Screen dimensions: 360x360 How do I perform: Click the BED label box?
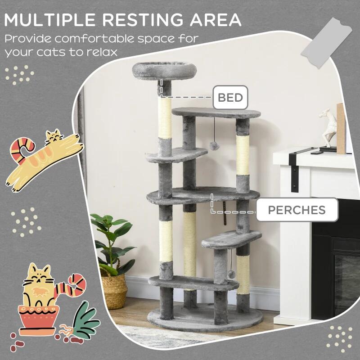(230, 97)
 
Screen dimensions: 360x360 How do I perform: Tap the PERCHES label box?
(297, 210)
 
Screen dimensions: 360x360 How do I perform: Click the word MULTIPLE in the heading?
(50, 20)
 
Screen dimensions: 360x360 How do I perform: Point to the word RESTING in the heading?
(143, 20)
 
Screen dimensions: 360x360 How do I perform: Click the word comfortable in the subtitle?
(94, 39)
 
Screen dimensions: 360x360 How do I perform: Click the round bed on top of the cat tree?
(164, 71)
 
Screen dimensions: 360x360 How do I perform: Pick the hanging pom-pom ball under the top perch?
(214, 145)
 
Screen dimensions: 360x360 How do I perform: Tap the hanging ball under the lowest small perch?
(231, 274)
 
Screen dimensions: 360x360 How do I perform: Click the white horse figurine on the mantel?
(328, 127)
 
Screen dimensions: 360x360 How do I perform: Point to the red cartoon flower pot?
(38, 320)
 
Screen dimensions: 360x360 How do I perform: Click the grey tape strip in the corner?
(326, 43)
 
